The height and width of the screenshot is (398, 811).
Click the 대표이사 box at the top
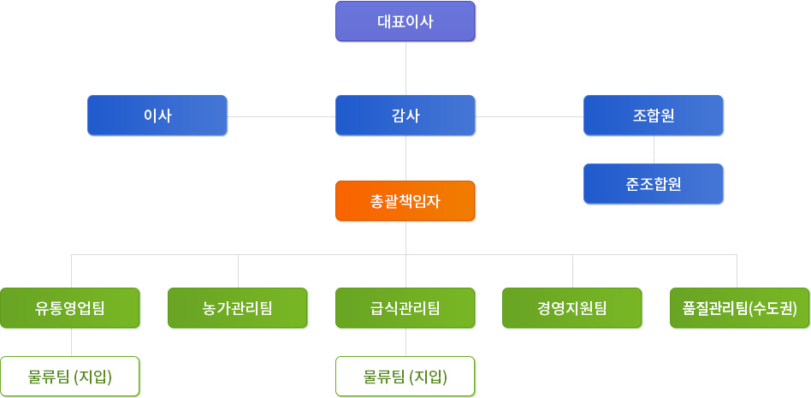[x=405, y=21]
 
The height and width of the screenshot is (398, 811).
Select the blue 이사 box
[x=157, y=116]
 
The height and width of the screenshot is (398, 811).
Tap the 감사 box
[x=405, y=116]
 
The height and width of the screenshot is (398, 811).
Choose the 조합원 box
[x=654, y=116]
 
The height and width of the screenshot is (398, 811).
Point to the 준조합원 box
[x=654, y=184]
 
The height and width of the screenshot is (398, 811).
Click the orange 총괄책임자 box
[x=405, y=201]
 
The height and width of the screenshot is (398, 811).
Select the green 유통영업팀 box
[x=70, y=308]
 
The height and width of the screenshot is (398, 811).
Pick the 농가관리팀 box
[x=238, y=308]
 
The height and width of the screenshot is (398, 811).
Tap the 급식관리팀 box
[x=405, y=308]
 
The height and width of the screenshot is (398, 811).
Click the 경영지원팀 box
[x=572, y=308]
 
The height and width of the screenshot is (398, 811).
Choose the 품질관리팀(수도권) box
[x=739, y=308]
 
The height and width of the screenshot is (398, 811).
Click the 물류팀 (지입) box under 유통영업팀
[x=70, y=377]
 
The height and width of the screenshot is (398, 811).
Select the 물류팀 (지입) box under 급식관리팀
[x=405, y=377]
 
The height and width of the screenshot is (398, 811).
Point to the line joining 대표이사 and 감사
[x=405, y=68]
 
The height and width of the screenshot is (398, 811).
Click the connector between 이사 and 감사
[x=281, y=116]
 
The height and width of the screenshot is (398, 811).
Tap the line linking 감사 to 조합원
[x=530, y=116]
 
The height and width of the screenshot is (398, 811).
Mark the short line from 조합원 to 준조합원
[x=654, y=150]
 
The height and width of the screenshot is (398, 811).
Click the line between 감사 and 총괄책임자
[x=405, y=158]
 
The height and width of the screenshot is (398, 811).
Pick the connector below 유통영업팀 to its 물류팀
[x=71, y=342]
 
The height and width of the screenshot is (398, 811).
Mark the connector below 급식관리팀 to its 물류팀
[x=405, y=342]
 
